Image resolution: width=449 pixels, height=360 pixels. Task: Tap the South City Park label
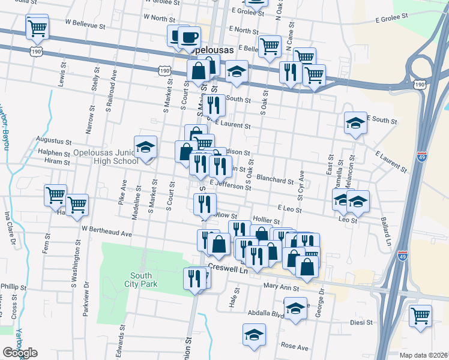(141, 280)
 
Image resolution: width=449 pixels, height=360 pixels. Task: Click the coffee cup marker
(190, 37)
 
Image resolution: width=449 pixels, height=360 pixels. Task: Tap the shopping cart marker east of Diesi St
(420, 315)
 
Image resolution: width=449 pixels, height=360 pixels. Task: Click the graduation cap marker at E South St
(355, 123)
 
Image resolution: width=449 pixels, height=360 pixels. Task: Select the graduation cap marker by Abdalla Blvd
(295, 309)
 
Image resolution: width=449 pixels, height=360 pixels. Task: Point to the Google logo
(20, 352)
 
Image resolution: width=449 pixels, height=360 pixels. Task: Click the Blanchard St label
(274, 178)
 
